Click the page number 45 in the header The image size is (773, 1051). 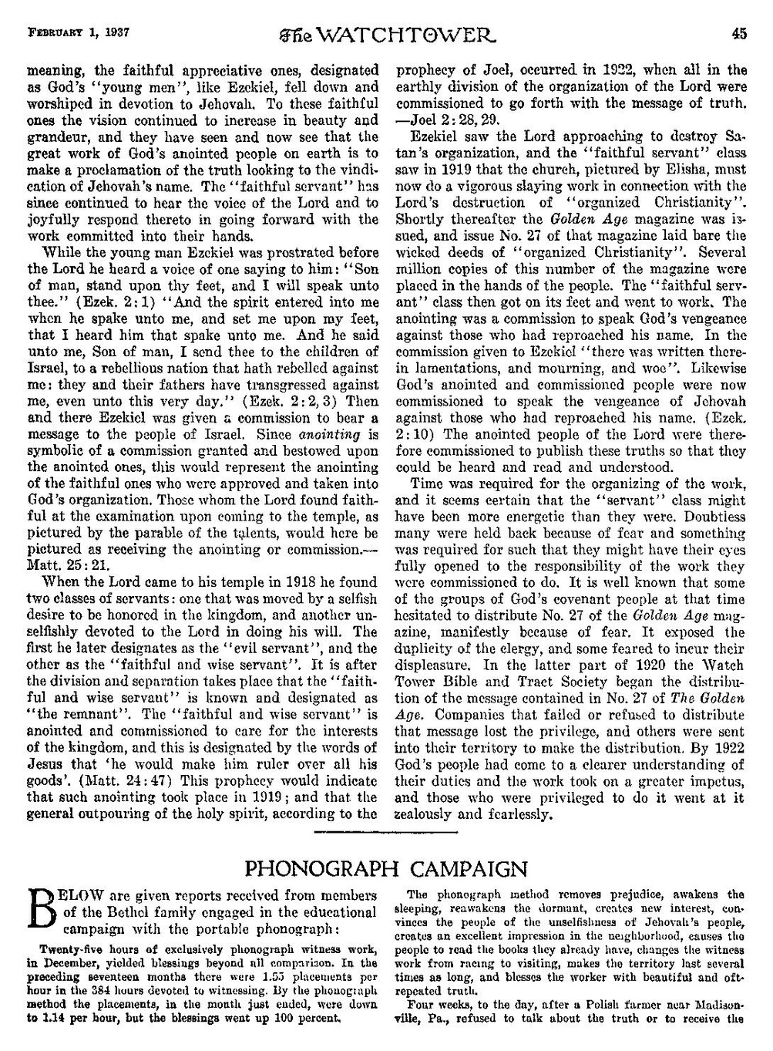point(739,12)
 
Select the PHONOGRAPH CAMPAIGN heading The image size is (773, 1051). point(385,870)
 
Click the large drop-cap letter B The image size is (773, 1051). point(44,911)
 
